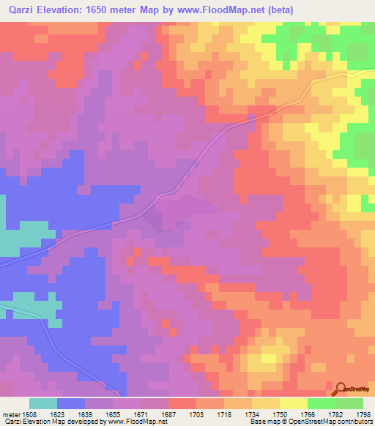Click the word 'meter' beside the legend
coord(11,413)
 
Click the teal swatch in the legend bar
coord(43,403)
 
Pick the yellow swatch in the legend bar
coord(293,403)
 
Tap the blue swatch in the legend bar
coord(71,403)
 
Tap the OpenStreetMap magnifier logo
coord(340,388)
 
